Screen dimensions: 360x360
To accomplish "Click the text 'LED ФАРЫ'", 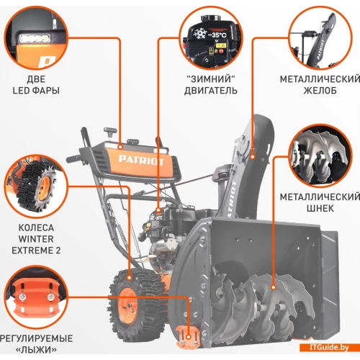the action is click(36, 91).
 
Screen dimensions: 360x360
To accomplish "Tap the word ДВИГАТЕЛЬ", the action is click(211, 91).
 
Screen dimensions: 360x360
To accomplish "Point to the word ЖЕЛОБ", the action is click(320, 91).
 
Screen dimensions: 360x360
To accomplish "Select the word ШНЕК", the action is click(320, 208).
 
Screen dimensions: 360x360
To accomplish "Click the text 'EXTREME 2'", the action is click(36, 251).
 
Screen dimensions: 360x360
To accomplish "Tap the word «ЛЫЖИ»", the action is click(36, 350).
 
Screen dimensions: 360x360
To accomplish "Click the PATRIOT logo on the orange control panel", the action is click(141, 161).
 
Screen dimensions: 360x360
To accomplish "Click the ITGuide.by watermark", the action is click(329, 348).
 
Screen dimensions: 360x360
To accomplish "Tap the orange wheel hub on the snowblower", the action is click(127, 305).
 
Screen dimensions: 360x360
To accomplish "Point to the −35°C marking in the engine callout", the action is click(217, 35).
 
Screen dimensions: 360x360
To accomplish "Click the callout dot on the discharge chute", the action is click(253, 158).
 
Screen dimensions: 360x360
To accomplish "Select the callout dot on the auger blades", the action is click(274, 287).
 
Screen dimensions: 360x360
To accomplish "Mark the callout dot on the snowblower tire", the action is click(130, 278).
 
